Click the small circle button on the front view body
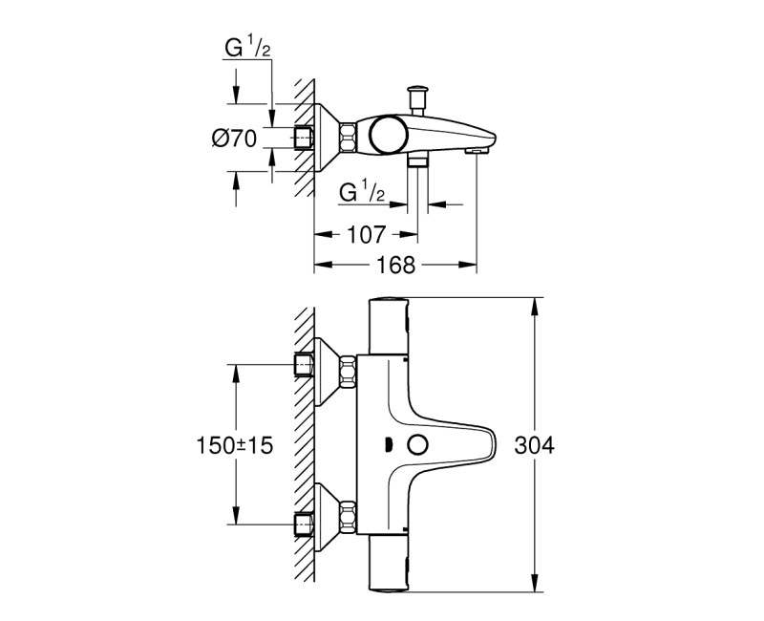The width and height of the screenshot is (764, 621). (x=416, y=445)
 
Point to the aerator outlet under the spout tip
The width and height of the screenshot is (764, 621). (x=476, y=150)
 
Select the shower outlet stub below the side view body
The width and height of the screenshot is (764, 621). (x=417, y=161)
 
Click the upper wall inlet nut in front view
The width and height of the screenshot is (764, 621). (x=305, y=364)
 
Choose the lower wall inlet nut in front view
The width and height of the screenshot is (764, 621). (x=305, y=523)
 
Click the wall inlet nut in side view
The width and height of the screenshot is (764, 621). (x=304, y=138)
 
